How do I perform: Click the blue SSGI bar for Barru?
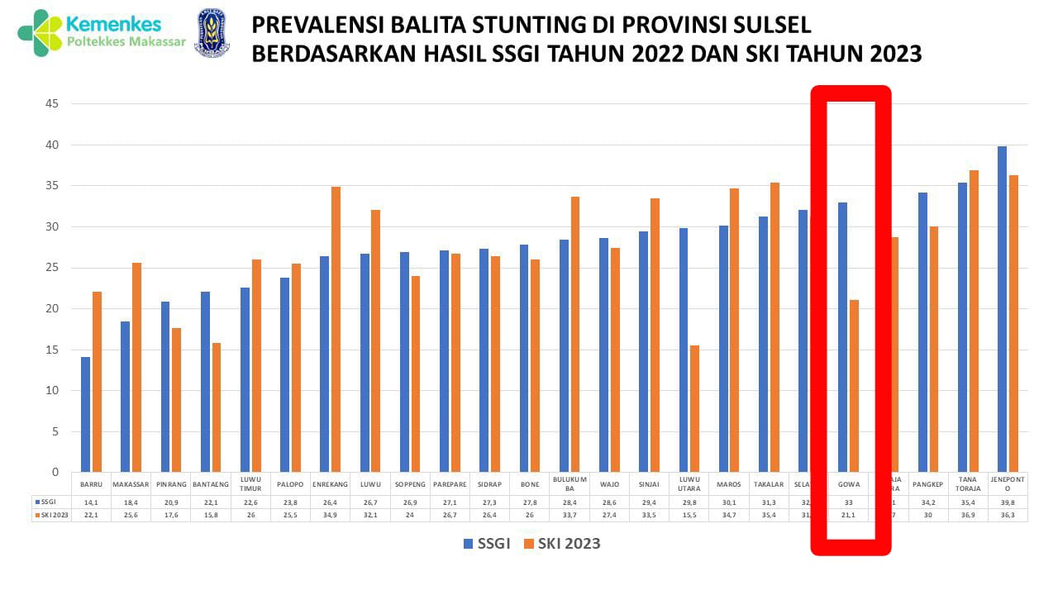pos(85,414)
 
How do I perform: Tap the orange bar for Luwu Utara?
pos(694,408)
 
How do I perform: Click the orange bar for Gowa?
pos(854,385)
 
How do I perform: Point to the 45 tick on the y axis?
pos(51,104)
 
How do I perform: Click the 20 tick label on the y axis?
pos(51,308)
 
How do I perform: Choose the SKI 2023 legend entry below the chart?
pos(562,544)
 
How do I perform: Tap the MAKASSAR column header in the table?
pos(131,484)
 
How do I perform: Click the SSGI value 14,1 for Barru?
pos(91,502)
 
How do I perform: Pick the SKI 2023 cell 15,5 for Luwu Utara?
pos(689,515)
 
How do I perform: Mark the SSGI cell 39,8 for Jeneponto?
pos(1008,502)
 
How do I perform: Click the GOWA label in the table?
pos(849,484)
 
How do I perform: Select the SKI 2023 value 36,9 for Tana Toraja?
pos(969,515)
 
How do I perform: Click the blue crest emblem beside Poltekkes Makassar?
pos(212,33)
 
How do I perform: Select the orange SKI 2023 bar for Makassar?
pos(136,367)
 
